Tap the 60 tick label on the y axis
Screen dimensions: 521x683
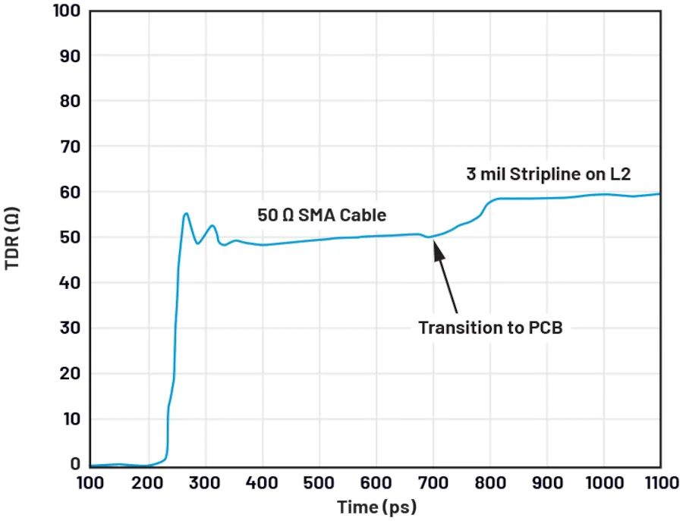click(x=71, y=192)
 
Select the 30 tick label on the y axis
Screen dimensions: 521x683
click(x=71, y=328)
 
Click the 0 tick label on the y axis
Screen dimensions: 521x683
click(x=75, y=464)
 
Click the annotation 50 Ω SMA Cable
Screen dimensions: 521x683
click(x=322, y=215)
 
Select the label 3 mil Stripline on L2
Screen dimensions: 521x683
click(x=549, y=174)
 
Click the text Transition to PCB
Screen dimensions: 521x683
click(x=490, y=328)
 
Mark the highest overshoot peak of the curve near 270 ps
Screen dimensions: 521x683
click(x=186, y=213)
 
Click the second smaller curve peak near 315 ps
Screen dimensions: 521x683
click(x=212, y=225)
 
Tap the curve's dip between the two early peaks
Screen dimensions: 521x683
click(x=198, y=243)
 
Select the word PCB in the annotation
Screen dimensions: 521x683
click(x=545, y=328)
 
